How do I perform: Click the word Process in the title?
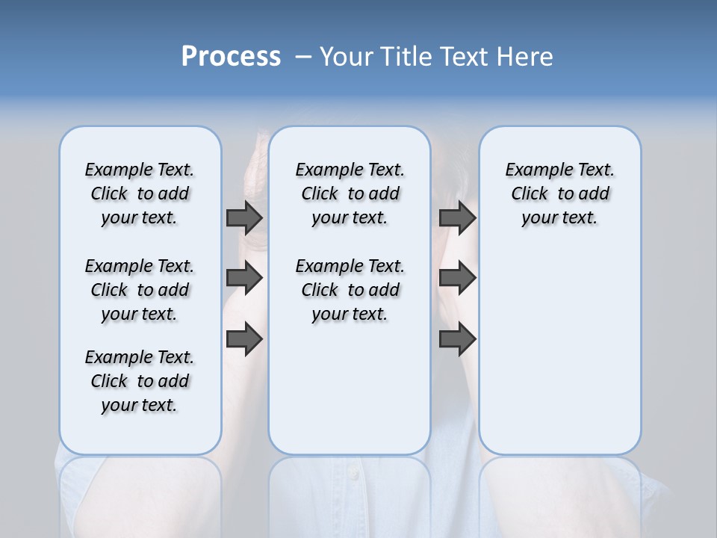[x=231, y=57]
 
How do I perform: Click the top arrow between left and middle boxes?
[x=244, y=217]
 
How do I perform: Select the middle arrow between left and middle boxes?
[x=244, y=279]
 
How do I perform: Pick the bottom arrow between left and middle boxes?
[x=244, y=339]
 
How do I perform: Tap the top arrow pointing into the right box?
[x=458, y=217]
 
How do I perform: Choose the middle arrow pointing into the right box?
[x=458, y=279]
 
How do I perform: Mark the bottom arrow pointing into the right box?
[x=458, y=339]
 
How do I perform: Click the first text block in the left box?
[x=140, y=194]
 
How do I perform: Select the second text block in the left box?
[x=140, y=290]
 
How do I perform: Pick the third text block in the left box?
[x=140, y=381]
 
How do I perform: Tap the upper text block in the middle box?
[x=350, y=194]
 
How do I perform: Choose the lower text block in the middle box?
[x=350, y=290]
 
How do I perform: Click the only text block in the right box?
[x=559, y=194]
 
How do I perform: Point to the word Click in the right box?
[x=530, y=194]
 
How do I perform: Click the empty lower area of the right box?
[x=559, y=351]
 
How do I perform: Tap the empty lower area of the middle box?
[x=350, y=389]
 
